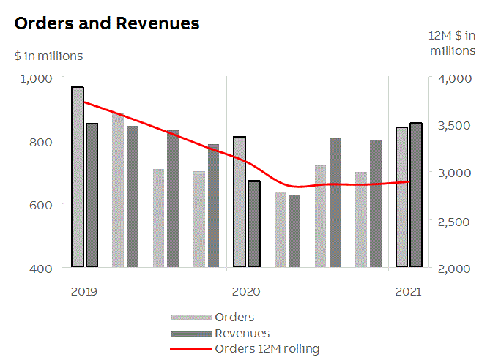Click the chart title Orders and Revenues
tap(107, 23)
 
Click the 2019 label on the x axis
tap(84, 291)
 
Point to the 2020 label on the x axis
tap(246, 291)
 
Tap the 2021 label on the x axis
tap(408, 291)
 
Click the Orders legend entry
tap(234, 318)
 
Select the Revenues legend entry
tap(242, 334)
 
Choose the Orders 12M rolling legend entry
tap(267, 349)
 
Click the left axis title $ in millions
tap(48, 56)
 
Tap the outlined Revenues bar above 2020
tap(254, 224)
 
